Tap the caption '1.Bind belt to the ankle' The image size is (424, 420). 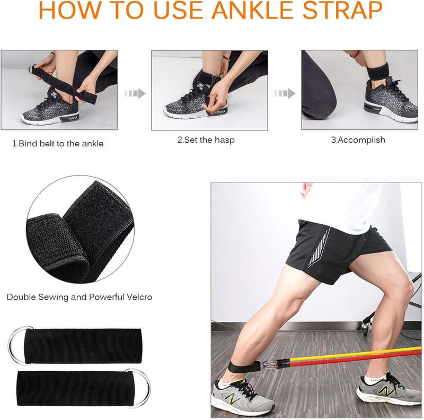point(58,144)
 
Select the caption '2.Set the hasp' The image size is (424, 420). point(206,141)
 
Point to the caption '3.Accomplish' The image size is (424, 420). point(358,141)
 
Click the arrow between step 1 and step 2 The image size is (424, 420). point(135,94)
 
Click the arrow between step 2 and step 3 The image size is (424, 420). point(285,94)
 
